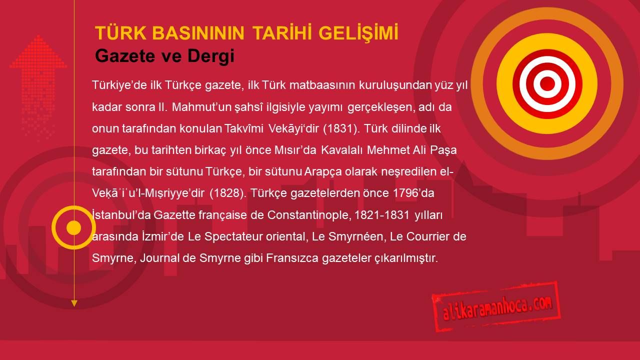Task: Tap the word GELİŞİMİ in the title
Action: [x=358, y=32]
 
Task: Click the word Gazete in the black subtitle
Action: [x=125, y=56]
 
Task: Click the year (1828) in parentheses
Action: [x=228, y=193]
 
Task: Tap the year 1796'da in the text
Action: [x=413, y=193]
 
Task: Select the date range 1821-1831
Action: [x=382, y=215]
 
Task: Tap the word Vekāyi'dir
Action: [x=293, y=129]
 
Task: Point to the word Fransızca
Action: [x=292, y=258]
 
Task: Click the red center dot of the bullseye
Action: [x=547, y=83]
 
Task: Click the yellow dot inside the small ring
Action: [x=73, y=227]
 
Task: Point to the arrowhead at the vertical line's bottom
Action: [x=74, y=303]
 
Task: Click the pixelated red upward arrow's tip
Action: [x=38, y=36]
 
